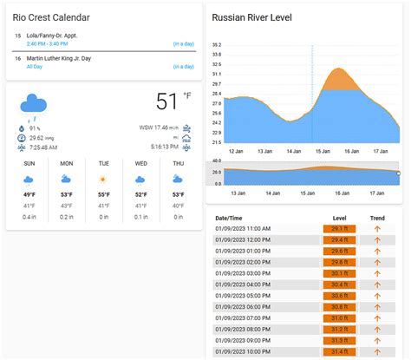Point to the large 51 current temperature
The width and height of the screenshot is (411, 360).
[166, 102]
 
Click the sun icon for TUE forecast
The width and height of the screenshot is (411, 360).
[104, 180]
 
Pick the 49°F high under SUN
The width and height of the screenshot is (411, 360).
[29, 194]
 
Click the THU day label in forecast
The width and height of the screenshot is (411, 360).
[179, 163]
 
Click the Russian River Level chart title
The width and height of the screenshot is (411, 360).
[251, 17]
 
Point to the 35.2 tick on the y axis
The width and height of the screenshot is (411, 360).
[217, 44]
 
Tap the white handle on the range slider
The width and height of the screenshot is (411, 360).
[398, 173]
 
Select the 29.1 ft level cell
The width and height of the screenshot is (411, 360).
[339, 229]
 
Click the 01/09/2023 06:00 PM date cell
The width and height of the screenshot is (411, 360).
[244, 306]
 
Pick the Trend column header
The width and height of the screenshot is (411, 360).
[377, 218]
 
